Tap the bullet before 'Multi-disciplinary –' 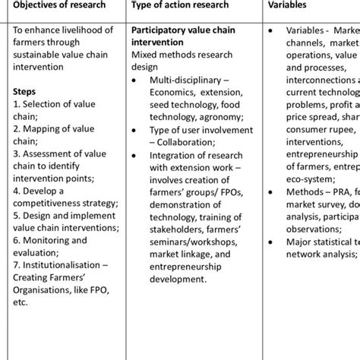pos(137,78)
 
